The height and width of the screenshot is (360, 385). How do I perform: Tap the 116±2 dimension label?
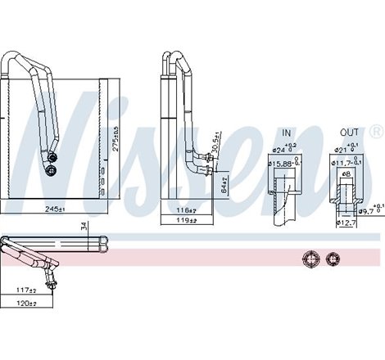tap(184, 209)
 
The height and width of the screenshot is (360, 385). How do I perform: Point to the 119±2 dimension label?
tap(184, 221)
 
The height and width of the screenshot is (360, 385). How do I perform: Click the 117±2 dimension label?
tap(27, 291)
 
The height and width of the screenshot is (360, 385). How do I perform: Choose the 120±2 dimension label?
tap(27, 304)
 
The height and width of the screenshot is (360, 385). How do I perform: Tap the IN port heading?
tap(287, 132)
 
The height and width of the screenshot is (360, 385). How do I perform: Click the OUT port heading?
tap(350, 132)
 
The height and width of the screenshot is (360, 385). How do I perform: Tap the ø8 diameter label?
tap(346, 174)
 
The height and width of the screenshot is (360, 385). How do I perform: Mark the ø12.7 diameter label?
tap(346, 223)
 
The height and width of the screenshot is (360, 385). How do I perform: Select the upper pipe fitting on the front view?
tap(53, 156)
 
